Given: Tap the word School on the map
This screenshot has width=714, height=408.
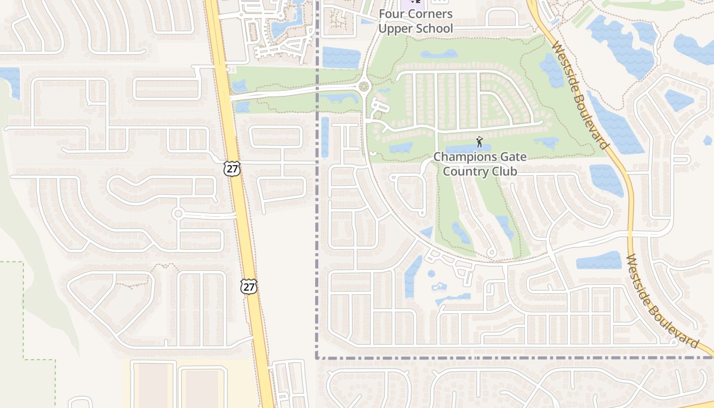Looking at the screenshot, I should tap(435, 29).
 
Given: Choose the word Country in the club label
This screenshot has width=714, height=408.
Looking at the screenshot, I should tap(464, 171).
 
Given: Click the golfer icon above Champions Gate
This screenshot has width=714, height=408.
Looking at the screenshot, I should tap(479, 142).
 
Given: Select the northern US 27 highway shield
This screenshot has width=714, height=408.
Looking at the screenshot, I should tap(232, 169).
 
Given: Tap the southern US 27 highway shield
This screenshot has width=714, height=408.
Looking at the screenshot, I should tap(249, 287).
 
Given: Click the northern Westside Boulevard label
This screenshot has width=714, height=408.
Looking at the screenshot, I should tap(581, 95).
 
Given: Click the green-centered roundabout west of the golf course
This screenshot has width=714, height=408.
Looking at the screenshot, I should tap(364, 87).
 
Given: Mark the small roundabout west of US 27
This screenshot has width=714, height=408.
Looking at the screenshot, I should tap(177, 214).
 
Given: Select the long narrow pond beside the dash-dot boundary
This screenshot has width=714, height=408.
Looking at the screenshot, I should tap(325, 137).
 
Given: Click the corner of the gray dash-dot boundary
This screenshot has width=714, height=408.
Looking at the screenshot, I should tap(317, 358).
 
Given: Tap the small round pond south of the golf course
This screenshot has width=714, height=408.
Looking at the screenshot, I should tap(431, 274).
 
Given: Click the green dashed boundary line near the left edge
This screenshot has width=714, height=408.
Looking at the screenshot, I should tap(23, 311).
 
